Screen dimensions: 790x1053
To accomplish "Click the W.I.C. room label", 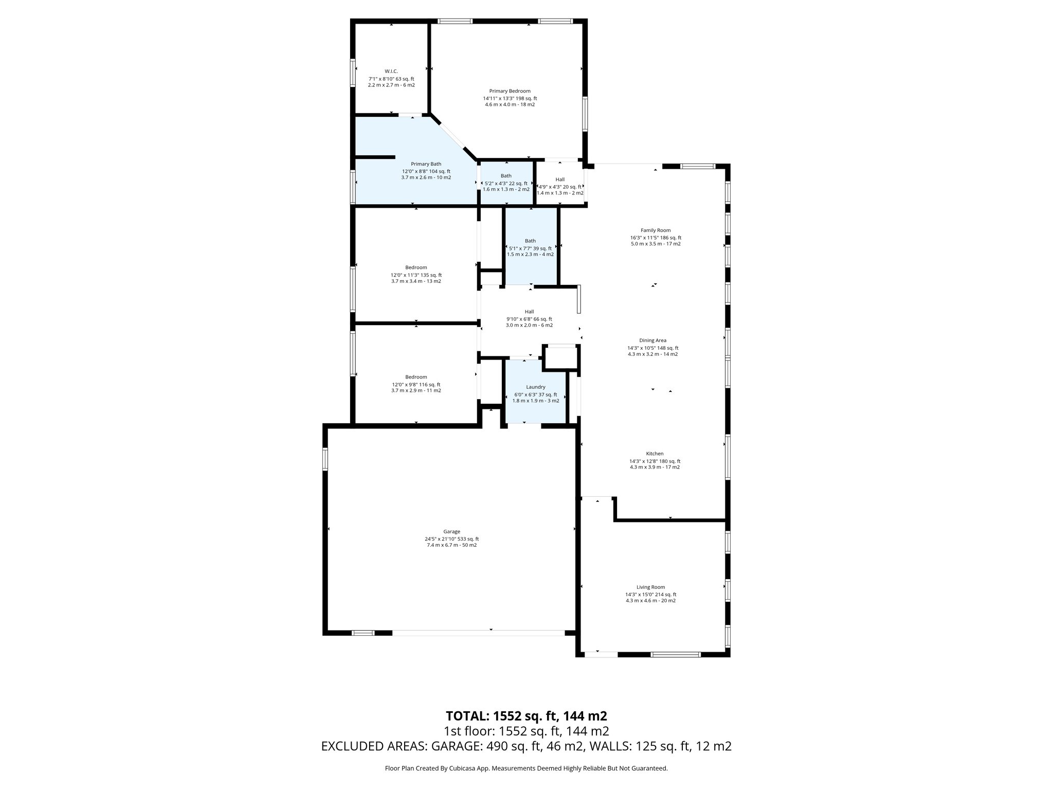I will tap(391, 71).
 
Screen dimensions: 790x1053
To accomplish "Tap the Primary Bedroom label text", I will tap(510, 91).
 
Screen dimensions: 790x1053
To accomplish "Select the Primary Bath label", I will tap(426, 164).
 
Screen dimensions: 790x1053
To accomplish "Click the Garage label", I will tap(451, 532).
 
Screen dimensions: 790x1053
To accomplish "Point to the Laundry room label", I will tap(535, 387).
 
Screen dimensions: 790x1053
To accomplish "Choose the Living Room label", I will tap(650, 587).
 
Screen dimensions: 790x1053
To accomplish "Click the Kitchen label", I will tap(655, 454).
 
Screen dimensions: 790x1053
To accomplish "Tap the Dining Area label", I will tap(652, 340).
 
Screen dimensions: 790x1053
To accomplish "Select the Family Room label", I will tap(655, 230).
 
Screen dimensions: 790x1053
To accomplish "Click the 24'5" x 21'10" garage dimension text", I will tap(451, 539).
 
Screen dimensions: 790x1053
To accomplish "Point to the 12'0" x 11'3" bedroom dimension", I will tap(416, 275).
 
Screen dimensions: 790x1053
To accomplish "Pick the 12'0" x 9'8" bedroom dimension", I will tap(416, 385).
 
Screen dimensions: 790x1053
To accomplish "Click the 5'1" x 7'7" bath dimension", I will tap(530, 248).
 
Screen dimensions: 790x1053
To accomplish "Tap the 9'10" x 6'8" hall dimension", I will tap(529, 319).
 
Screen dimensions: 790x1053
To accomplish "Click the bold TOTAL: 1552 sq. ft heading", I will tap(526, 716).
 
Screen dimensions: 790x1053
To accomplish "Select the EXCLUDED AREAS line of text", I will tap(526, 746).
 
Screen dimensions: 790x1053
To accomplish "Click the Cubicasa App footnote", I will tap(526, 768).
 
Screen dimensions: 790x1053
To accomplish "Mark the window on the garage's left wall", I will tap(325, 459).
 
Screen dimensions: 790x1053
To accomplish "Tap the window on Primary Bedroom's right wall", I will tap(585, 113).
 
